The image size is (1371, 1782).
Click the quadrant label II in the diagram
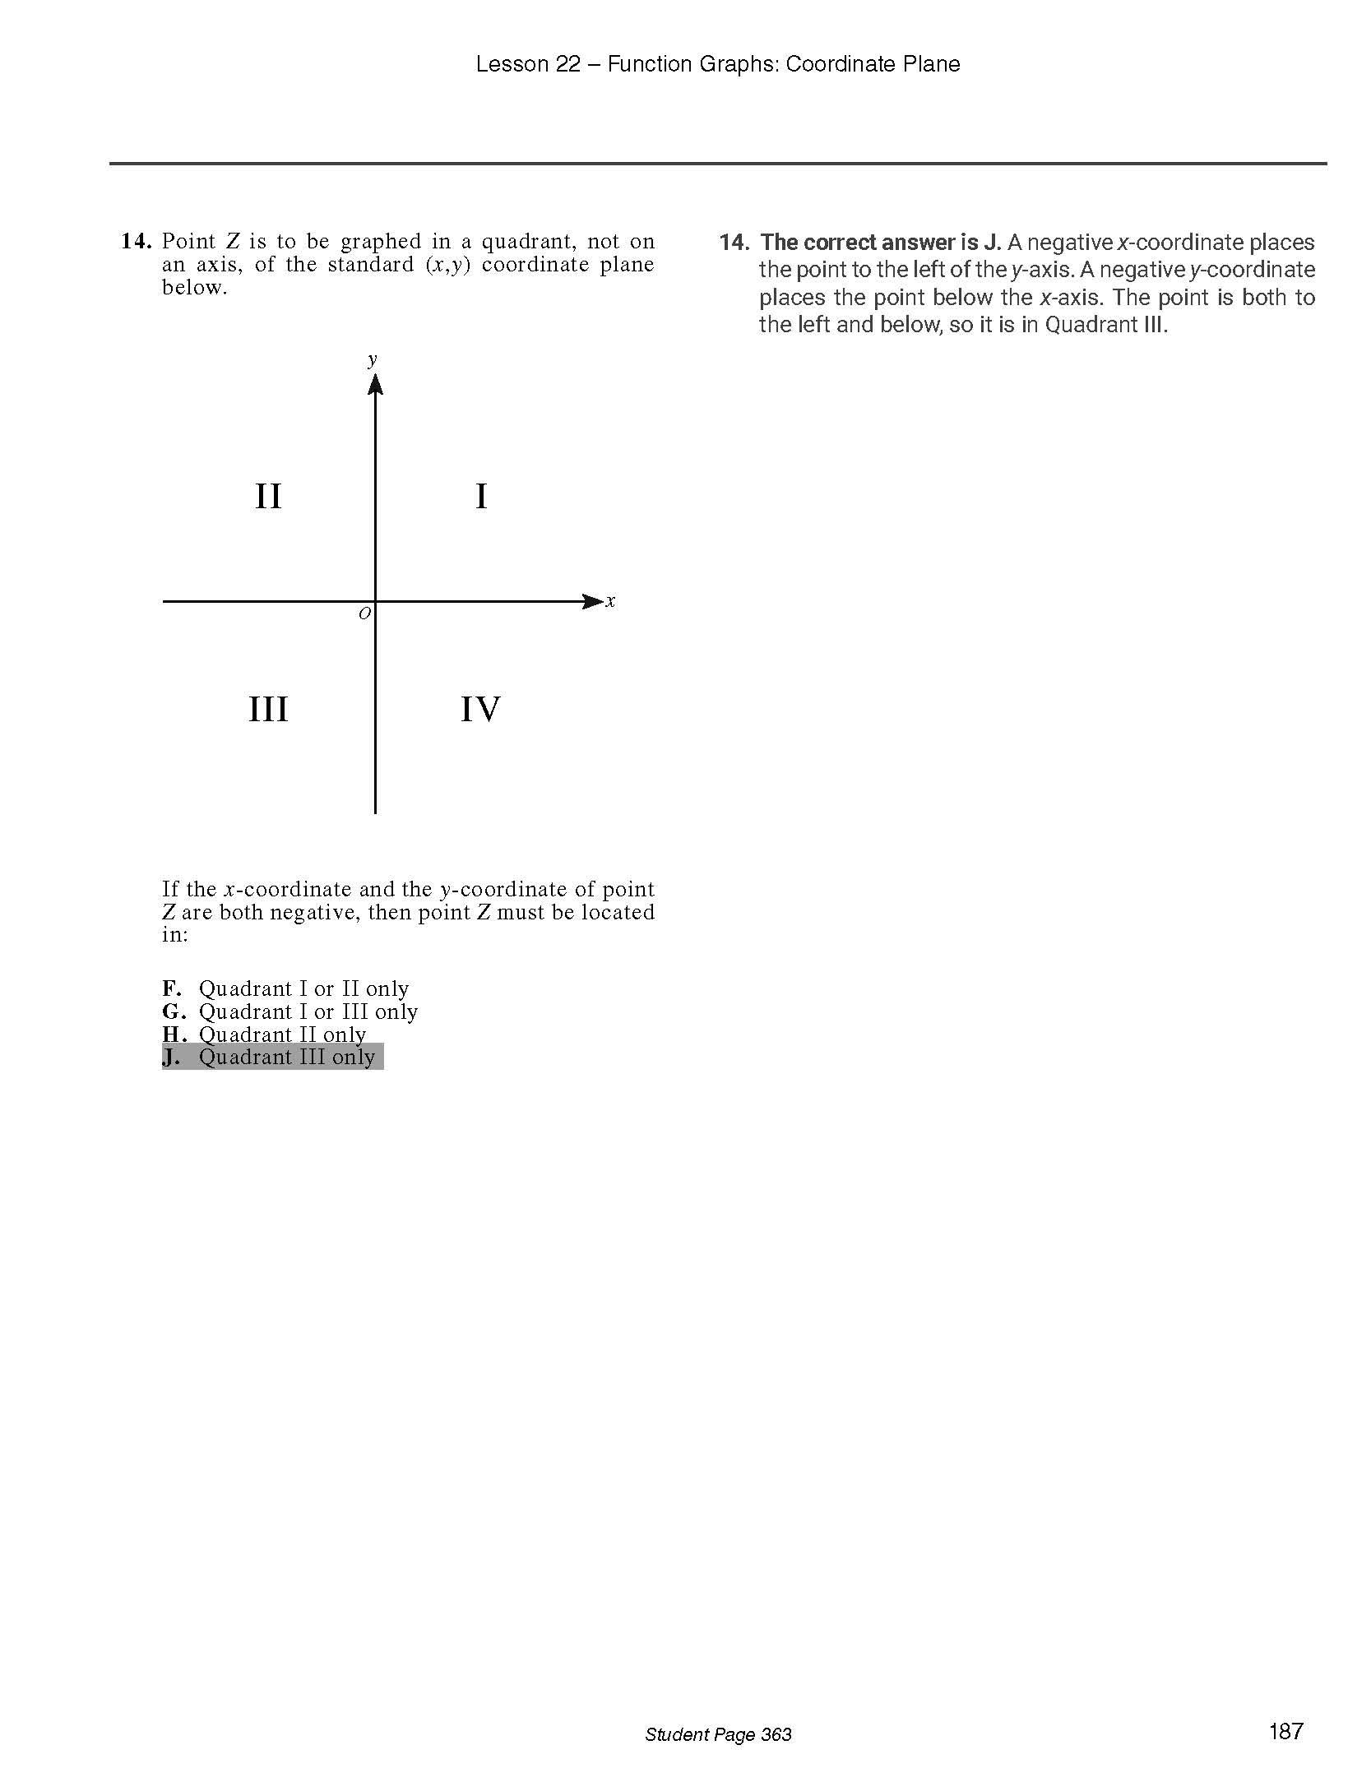click(x=268, y=497)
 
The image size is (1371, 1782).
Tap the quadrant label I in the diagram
click(x=481, y=497)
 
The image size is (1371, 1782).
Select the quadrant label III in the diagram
click(x=268, y=709)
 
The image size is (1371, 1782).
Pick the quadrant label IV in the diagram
click(x=480, y=709)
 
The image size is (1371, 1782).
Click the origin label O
click(x=364, y=613)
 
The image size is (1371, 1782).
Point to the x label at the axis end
click(x=610, y=601)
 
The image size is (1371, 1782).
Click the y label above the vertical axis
click(x=373, y=359)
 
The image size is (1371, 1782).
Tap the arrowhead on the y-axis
click(x=375, y=385)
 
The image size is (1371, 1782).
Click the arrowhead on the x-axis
click(x=591, y=601)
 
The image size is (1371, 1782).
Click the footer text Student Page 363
click(x=718, y=1734)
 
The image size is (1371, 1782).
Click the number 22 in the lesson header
click(x=567, y=64)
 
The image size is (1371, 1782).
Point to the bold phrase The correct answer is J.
click(x=881, y=243)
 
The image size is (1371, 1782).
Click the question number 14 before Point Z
click(x=136, y=242)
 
